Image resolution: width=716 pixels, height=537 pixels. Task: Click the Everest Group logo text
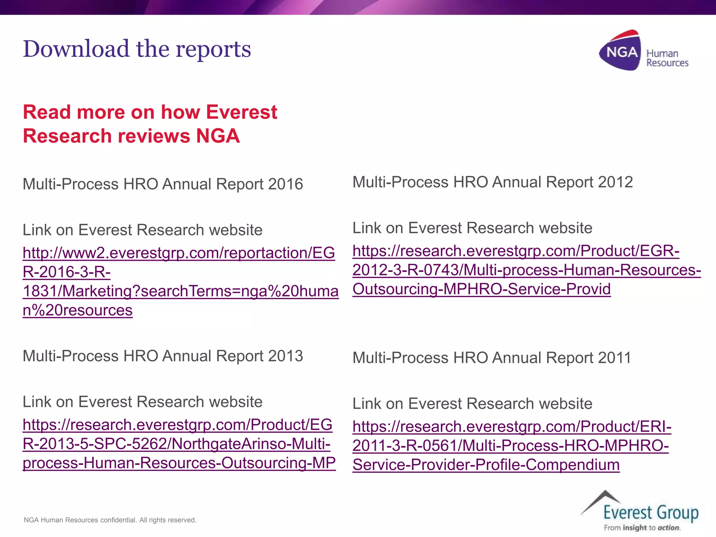pos(651,513)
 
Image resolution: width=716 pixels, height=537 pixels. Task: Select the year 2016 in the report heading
pos(286,184)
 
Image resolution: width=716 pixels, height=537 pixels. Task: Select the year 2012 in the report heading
pos(615,182)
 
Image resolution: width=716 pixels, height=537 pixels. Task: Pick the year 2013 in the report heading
pos(286,356)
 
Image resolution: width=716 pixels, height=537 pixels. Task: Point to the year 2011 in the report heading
pos(614,358)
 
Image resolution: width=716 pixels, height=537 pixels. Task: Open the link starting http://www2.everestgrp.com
pos(179,253)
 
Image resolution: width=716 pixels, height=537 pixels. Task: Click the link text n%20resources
pos(78,310)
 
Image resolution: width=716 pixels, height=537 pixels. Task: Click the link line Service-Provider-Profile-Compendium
pos(486,465)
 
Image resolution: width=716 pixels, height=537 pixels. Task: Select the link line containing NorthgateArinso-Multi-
pos(177,444)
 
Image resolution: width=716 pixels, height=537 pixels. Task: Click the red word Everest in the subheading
pos(241,112)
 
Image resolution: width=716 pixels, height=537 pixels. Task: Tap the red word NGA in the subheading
pos(218,136)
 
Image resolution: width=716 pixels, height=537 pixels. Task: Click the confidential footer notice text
pos(110,520)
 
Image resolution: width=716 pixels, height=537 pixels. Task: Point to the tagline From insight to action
pos(642,528)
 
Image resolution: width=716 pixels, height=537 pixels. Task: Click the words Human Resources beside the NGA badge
pos(667,58)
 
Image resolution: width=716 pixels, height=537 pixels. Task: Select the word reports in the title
pos(213,49)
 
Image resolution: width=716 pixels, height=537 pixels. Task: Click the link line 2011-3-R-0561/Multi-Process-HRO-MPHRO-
pos(510,446)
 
